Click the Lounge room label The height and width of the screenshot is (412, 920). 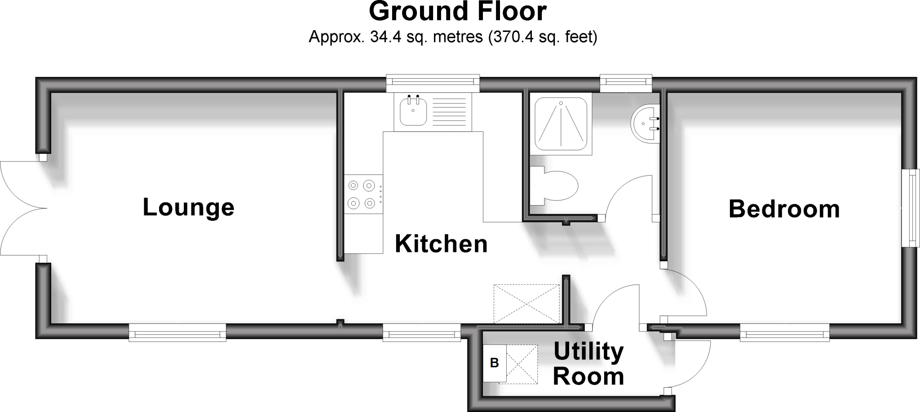[189, 208]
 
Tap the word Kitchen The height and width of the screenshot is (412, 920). [441, 244]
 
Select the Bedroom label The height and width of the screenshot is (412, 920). [784, 209]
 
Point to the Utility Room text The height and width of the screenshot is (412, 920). [588, 364]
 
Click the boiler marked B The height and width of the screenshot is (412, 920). [495, 363]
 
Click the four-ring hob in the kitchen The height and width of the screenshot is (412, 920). [362, 194]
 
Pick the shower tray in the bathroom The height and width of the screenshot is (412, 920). [561, 124]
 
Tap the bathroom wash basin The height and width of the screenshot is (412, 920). [646, 123]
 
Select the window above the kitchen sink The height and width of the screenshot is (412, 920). [433, 81]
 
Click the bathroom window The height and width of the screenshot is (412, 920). [626, 81]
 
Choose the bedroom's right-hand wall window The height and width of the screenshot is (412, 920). [912, 208]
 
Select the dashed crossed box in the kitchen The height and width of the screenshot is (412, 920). [527, 304]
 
